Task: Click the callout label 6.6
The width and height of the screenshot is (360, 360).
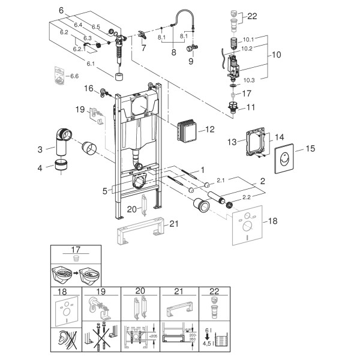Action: (74, 76)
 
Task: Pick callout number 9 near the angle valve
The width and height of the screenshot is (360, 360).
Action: (191, 61)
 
